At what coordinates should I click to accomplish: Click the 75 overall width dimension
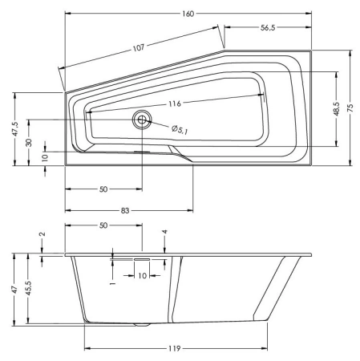(351, 107)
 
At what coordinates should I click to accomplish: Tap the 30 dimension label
(29, 142)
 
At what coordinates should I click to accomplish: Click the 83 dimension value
(126, 210)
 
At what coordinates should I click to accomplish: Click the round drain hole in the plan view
(142, 120)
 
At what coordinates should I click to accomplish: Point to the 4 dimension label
(164, 233)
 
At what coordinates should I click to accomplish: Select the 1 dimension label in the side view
(112, 282)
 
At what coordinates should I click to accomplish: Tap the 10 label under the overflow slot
(142, 276)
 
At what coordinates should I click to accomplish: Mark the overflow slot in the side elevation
(142, 259)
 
